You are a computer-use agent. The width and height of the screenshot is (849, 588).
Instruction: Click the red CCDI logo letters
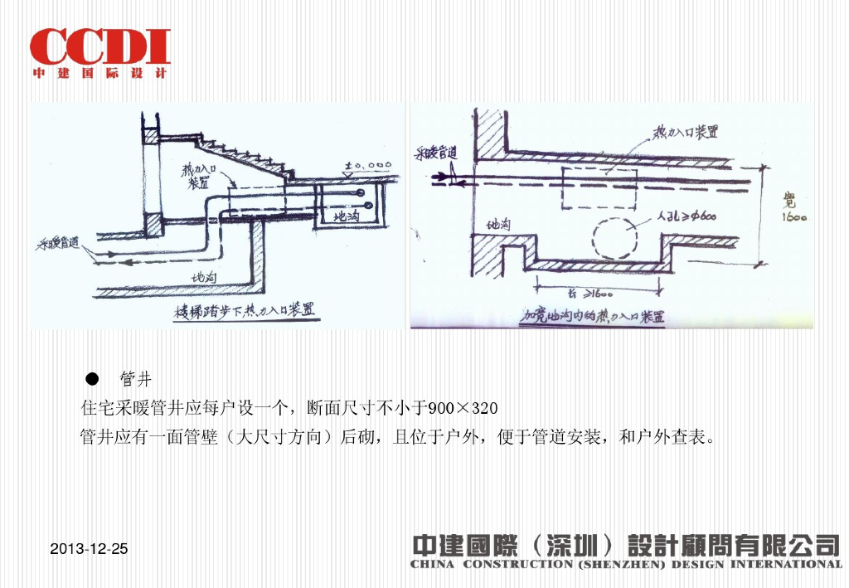99,46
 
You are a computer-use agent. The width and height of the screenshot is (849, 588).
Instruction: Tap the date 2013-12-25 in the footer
89,549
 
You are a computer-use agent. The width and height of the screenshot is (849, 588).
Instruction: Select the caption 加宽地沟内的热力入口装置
594,317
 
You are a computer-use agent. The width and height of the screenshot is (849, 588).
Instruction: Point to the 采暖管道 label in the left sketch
57,244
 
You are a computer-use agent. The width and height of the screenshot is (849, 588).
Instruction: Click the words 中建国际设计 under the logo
99,73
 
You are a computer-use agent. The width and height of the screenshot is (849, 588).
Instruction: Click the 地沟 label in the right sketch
499,224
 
